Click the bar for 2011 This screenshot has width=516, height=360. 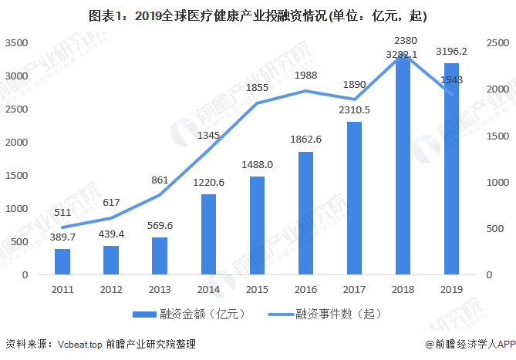point(62,261)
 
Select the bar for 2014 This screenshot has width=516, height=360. point(209,234)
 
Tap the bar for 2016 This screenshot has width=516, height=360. point(306,213)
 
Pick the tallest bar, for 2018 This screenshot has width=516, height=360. point(403,166)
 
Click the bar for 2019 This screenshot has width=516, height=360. point(452,169)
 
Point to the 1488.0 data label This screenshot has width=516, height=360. point(258,164)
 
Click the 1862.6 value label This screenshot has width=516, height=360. point(306,140)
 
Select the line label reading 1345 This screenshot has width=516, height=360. point(208,136)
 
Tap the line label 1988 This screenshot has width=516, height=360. point(306,75)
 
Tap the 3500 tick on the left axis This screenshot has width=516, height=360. point(16,44)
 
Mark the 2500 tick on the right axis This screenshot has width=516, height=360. point(497,44)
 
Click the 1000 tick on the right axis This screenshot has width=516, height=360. point(497,183)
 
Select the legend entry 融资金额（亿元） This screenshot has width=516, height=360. point(184,314)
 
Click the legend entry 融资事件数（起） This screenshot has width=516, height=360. point(324,314)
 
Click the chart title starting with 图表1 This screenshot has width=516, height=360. point(258,15)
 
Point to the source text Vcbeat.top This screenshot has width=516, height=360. point(79,344)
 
